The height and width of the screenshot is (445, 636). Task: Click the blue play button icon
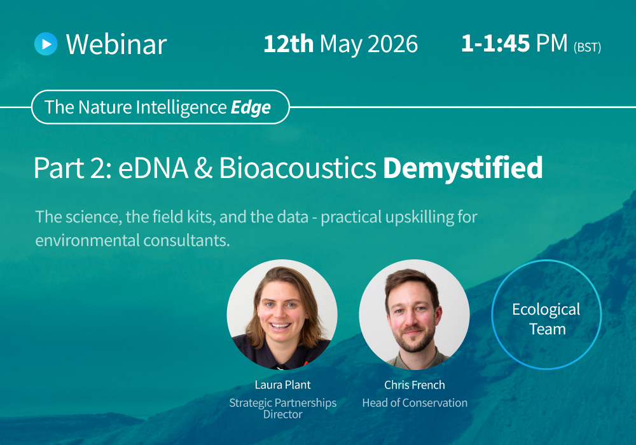coord(46,43)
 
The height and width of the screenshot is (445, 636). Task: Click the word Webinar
coord(116,44)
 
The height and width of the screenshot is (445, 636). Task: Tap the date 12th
coord(288,44)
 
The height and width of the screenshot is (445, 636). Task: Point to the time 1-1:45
coord(496,43)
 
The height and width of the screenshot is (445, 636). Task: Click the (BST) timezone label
coord(587,47)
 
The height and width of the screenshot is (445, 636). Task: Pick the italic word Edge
coord(251,107)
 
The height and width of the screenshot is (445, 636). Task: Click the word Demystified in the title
coord(463,167)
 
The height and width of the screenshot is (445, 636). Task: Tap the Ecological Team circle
coord(546,319)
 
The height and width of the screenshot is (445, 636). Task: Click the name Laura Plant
coord(282,385)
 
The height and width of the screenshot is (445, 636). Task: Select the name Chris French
coord(415,385)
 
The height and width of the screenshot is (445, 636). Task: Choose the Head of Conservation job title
coord(415,402)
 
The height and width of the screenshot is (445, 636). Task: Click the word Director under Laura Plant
coord(282,414)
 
